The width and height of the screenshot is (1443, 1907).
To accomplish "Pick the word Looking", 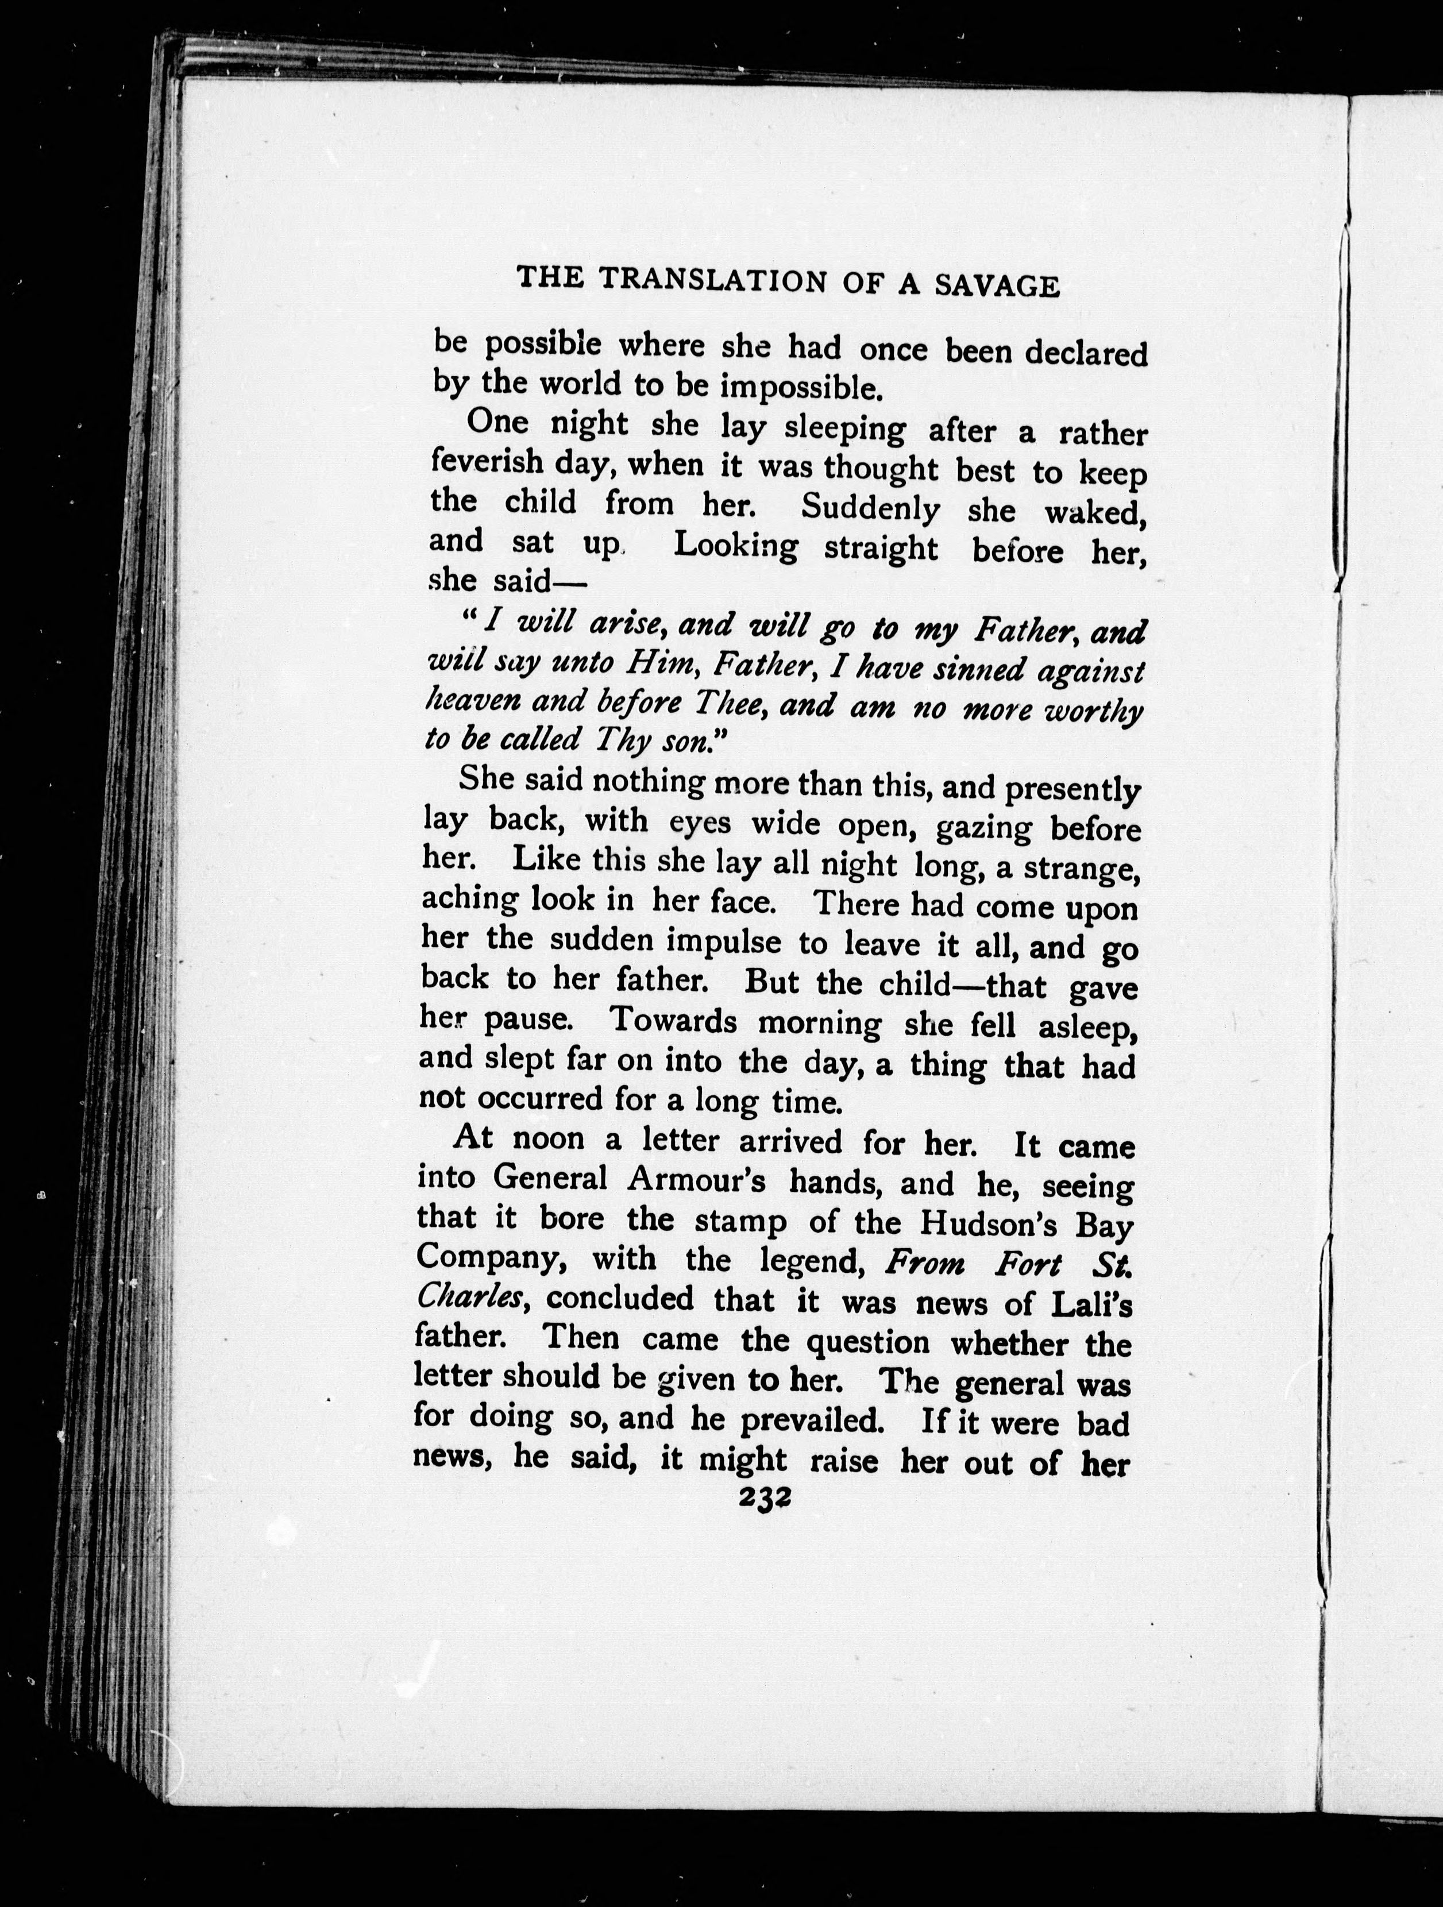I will pyautogui.click(x=735, y=547).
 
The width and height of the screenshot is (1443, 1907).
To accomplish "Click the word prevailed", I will pyautogui.click(x=813, y=1420).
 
